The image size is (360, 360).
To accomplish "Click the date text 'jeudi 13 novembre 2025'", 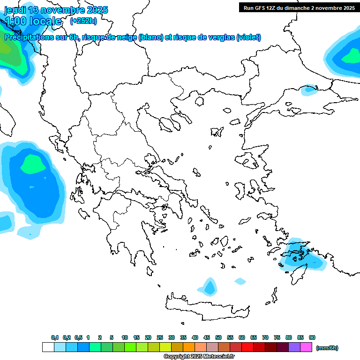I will (56, 10).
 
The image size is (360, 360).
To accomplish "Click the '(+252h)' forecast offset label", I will (83, 21).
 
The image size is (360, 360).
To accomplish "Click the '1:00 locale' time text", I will (33, 21).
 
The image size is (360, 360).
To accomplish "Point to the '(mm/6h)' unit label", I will (327, 348).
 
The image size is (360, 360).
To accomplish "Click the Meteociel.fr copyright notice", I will (199, 356).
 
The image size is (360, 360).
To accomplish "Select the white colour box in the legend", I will (48, 347).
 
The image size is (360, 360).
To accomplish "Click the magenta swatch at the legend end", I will (306, 347).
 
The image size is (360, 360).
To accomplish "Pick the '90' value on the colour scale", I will (312, 337).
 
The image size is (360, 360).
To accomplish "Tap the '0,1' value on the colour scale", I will (54, 337).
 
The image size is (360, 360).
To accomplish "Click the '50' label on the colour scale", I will (218, 337).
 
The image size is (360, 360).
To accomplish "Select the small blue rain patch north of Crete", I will (209, 286).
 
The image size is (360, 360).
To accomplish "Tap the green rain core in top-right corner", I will (351, 57).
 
